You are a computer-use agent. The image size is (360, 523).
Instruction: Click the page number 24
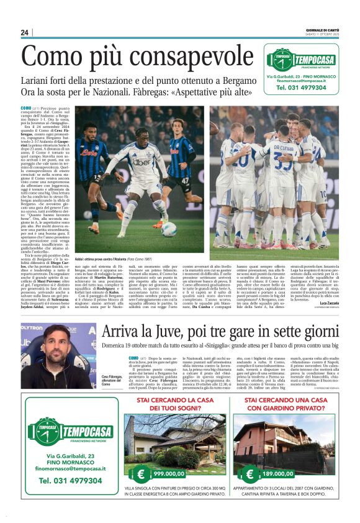pyautogui.click(x=25, y=32)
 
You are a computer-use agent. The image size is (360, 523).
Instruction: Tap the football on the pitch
pyautogui.click(x=169, y=229)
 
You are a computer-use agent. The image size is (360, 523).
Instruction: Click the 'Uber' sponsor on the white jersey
pyautogui.click(x=141, y=162)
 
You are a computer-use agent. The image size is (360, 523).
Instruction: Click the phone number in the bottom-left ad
pyautogui.click(x=70, y=481)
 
